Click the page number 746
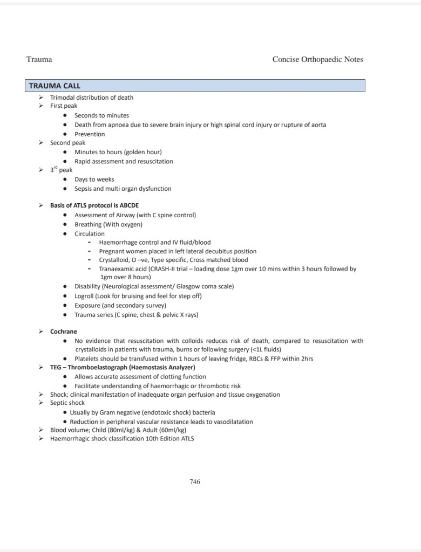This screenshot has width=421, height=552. coord(195,481)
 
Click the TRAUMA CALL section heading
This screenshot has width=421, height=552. coord(55,86)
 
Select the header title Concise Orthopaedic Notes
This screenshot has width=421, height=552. coord(317,59)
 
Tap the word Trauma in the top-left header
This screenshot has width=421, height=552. coord(39,59)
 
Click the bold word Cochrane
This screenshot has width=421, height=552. coord(64,332)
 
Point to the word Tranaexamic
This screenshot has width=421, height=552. coord(117,268)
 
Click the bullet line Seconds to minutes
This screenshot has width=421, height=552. coord(101,115)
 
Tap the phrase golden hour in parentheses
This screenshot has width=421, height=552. coord(141,152)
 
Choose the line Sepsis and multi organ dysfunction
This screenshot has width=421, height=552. coord(123,189)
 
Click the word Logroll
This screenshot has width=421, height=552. coord(86,296)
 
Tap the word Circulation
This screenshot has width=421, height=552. coord(90,234)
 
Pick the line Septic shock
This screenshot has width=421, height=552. coord(67,403)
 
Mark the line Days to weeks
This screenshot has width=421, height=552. coord(94,180)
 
